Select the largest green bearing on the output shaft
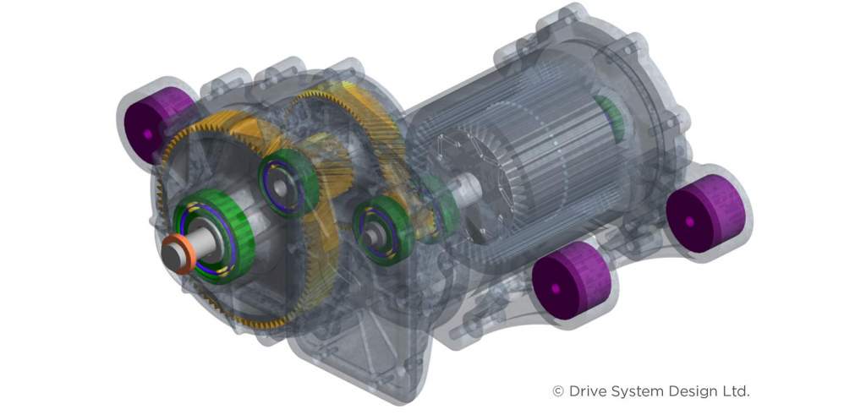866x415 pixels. tap(215, 234)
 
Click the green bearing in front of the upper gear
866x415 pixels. tap(288, 183)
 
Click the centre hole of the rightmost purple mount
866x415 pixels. tap(689, 222)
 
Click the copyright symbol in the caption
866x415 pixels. tap(557, 391)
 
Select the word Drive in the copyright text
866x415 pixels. tap(589, 391)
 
